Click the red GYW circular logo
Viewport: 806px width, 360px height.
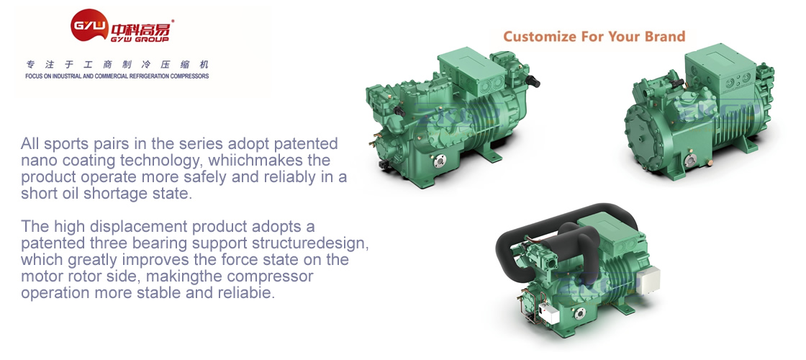click(89, 24)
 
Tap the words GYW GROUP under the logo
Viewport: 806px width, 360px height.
click(140, 38)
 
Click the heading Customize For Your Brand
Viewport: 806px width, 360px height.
click(594, 37)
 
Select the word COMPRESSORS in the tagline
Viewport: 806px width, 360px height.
click(190, 76)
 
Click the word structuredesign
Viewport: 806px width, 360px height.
click(312, 242)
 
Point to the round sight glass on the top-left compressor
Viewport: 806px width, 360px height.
click(438, 163)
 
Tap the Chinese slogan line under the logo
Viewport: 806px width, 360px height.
click(118, 65)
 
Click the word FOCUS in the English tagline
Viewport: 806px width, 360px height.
click(32, 76)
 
